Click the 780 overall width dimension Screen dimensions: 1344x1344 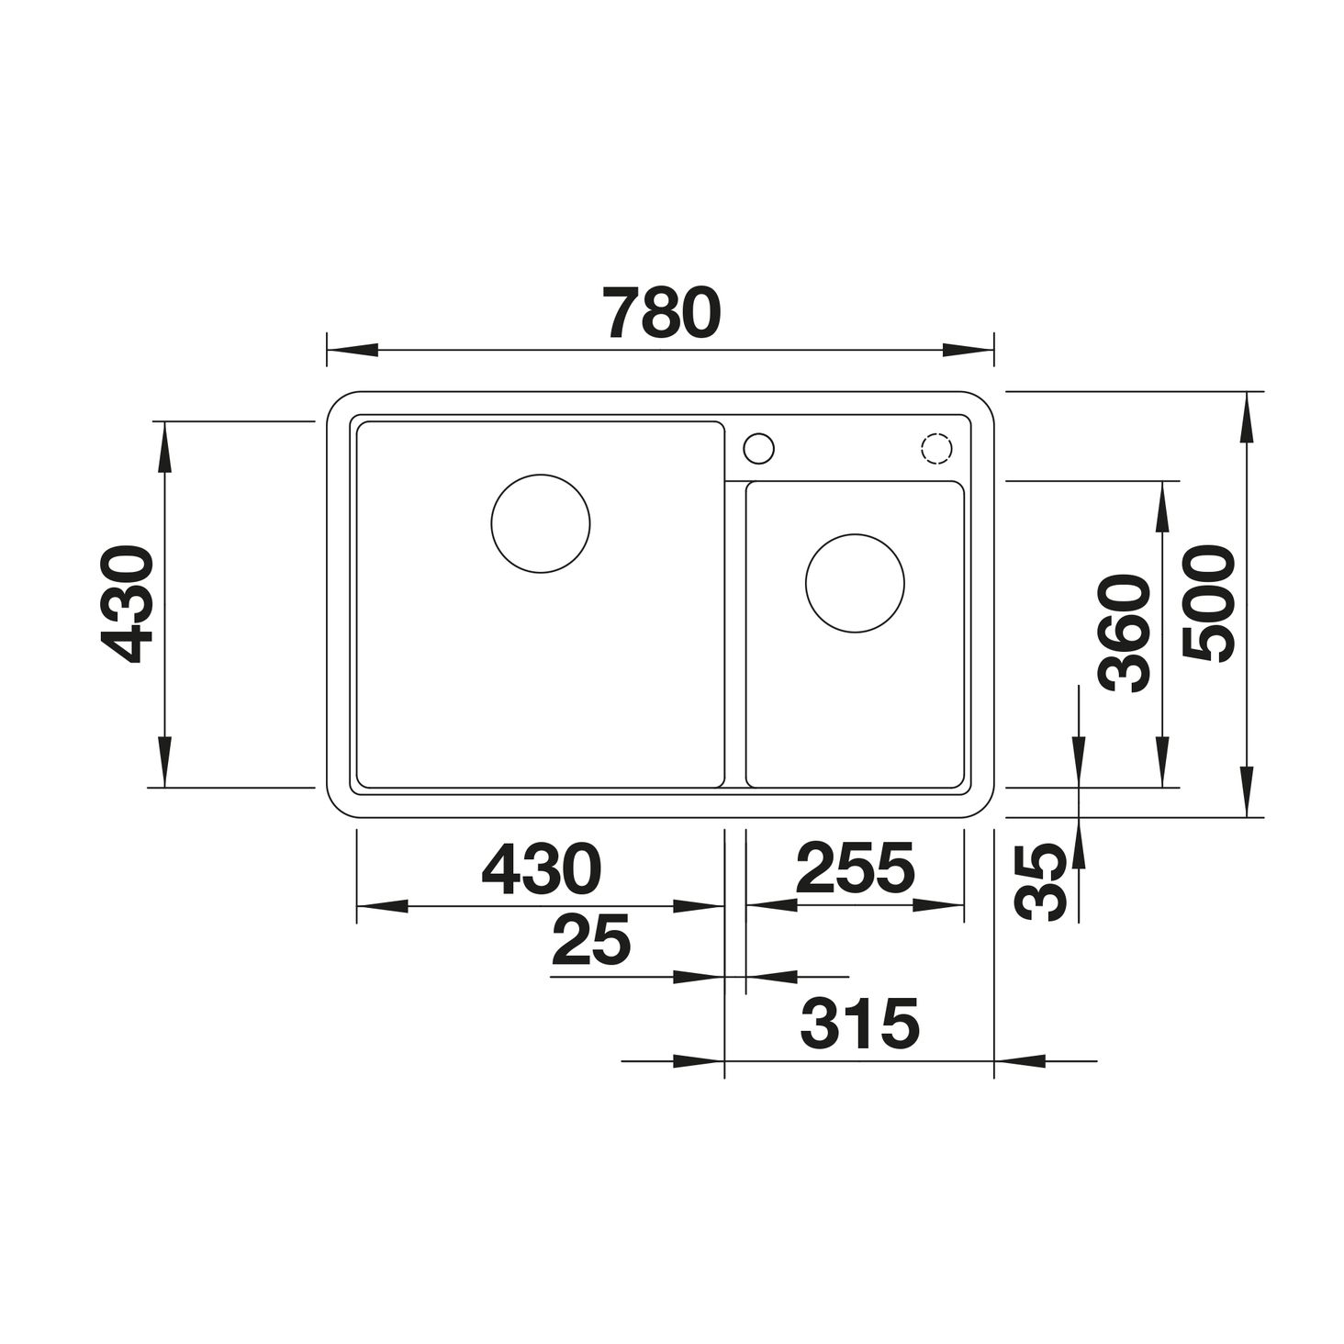coord(662,312)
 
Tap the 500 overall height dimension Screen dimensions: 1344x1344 coord(1208,604)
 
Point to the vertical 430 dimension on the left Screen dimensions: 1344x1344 coord(127,604)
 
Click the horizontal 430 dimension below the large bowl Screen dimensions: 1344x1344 coord(542,868)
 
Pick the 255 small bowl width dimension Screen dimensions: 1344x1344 coord(855,868)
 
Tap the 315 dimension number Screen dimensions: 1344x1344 coord(859,1024)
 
